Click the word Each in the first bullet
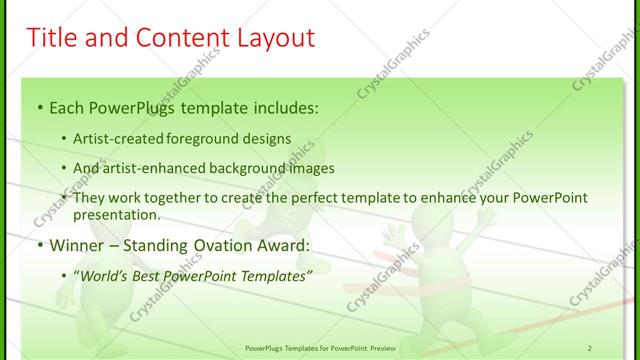click(68, 105)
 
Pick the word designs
click(269, 138)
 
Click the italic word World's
click(104, 275)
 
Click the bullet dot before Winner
click(39, 244)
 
